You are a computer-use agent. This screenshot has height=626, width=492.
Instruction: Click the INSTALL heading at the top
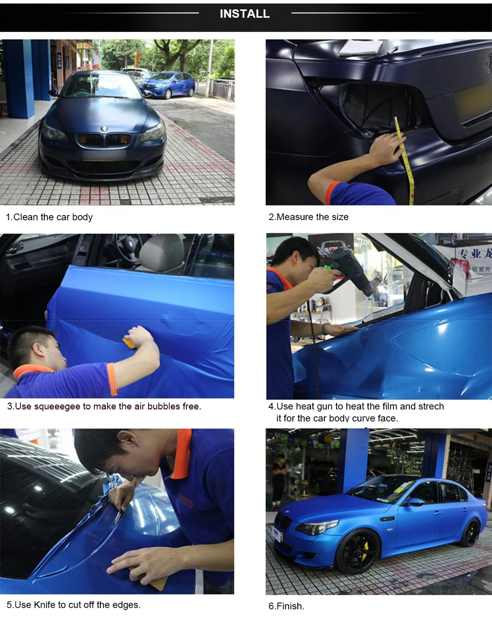pos(245,14)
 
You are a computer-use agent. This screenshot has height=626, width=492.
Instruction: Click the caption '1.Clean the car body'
pos(49,217)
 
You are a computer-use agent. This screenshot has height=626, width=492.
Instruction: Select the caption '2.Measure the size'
pos(308,217)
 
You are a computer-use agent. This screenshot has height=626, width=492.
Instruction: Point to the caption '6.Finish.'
pos(286,606)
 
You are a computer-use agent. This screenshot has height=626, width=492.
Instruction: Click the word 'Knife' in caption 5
pos(44,605)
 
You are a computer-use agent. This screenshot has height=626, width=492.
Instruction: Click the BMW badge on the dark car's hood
pos(104,128)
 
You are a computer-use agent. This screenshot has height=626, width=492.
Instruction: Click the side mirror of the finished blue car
pos(415,502)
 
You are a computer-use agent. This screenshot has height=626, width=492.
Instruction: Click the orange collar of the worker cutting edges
pos(183,453)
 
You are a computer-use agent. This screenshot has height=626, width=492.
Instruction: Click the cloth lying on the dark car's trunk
pos(361,47)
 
